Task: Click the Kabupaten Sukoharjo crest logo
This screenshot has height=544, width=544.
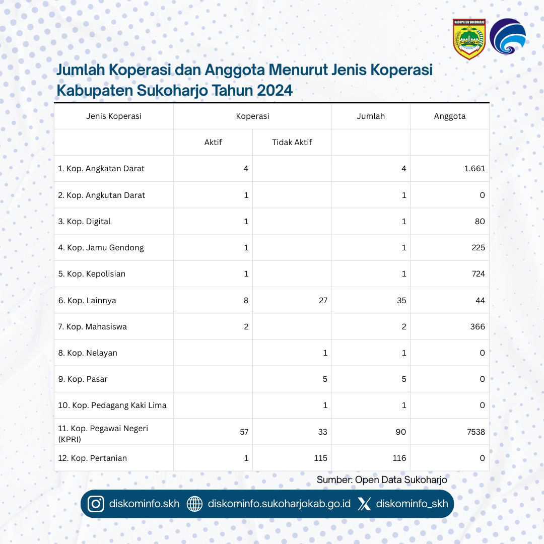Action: pos(469,39)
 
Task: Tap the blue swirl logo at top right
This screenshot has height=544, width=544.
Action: pos(508,37)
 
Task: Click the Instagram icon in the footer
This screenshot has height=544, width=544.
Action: pos(96,504)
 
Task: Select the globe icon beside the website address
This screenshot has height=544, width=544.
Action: pos(194,504)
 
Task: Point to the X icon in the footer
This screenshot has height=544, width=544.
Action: pos(364,504)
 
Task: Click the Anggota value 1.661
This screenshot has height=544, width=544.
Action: pos(474,169)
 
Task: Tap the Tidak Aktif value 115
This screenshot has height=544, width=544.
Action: pos(320,458)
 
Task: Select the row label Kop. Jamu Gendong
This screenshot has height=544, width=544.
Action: pos(101,247)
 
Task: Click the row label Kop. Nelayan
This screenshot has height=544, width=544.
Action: pos(88,353)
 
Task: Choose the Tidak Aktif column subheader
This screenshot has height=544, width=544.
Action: pos(292,142)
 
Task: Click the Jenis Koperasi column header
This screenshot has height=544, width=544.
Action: pos(114,116)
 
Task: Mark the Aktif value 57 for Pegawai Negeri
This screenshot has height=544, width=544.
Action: pos(243,432)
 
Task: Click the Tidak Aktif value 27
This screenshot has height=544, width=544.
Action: pos(322,300)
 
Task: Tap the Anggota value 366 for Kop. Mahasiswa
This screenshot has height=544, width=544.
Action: pos(477,326)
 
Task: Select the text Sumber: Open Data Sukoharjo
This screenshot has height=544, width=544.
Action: pos(382,480)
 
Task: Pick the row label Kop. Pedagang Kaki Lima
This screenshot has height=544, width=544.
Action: pos(112,405)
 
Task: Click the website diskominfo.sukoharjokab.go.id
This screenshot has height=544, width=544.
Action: pos(279,504)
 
